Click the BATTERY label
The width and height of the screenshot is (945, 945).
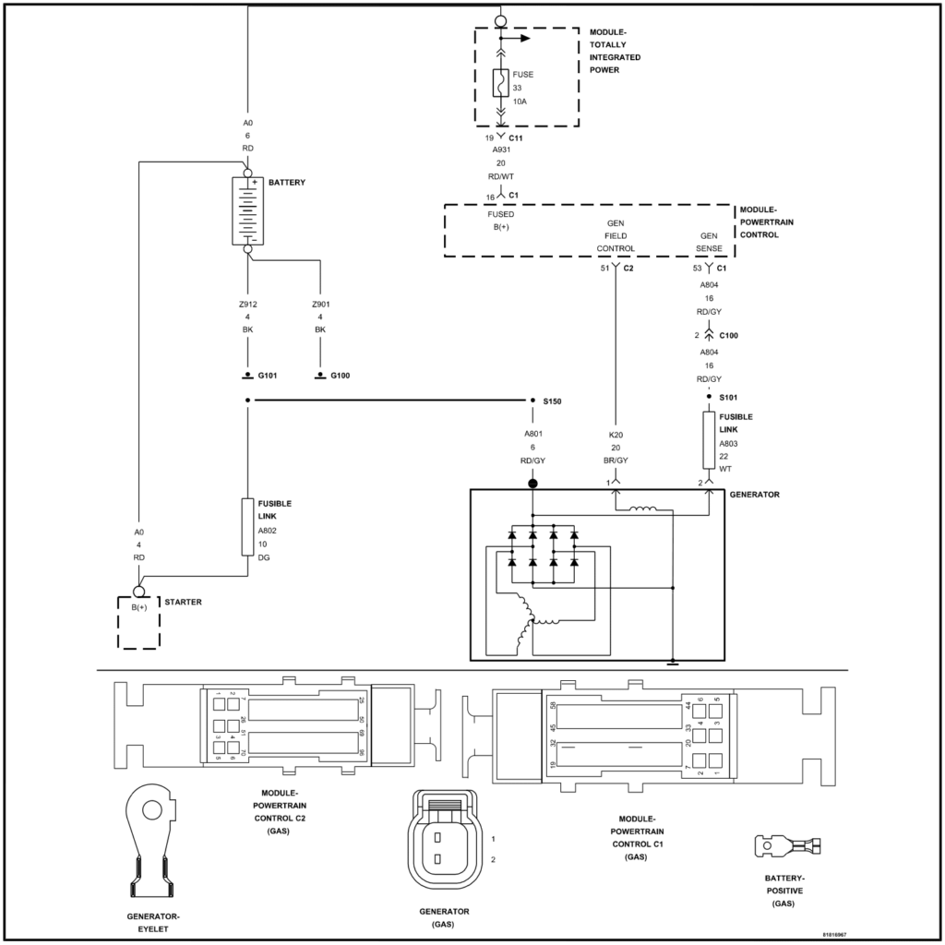click(287, 183)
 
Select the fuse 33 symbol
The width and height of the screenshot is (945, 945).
click(499, 84)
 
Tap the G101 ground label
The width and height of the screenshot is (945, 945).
click(268, 377)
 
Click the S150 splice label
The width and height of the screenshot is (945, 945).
click(554, 401)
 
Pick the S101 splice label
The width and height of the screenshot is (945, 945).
click(730, 397)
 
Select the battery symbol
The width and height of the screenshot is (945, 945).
click(247, 212)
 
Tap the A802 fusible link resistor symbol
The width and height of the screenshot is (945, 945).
click(247, 527)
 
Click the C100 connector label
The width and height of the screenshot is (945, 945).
click(728, 335)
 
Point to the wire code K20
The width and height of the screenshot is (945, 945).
click(615, 434)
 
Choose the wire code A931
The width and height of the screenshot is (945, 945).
click(499, 150)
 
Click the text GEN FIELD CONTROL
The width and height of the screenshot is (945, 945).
click(615, 236)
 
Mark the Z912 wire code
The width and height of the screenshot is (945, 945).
click(247, 304)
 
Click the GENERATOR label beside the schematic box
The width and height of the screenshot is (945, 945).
click(754, 495)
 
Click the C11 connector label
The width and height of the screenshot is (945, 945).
click(516, 138)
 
